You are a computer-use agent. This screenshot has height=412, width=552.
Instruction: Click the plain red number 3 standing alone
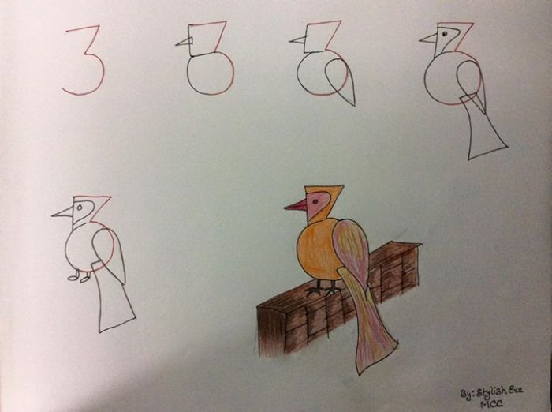pos(84,61)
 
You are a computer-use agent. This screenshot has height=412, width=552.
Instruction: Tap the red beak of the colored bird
pos(296,206)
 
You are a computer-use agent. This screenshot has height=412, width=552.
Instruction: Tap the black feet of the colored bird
pos(323,290)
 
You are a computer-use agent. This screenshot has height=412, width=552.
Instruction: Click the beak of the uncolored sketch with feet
pos(62,212)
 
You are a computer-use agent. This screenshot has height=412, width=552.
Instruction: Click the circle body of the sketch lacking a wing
pos(210,73)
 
